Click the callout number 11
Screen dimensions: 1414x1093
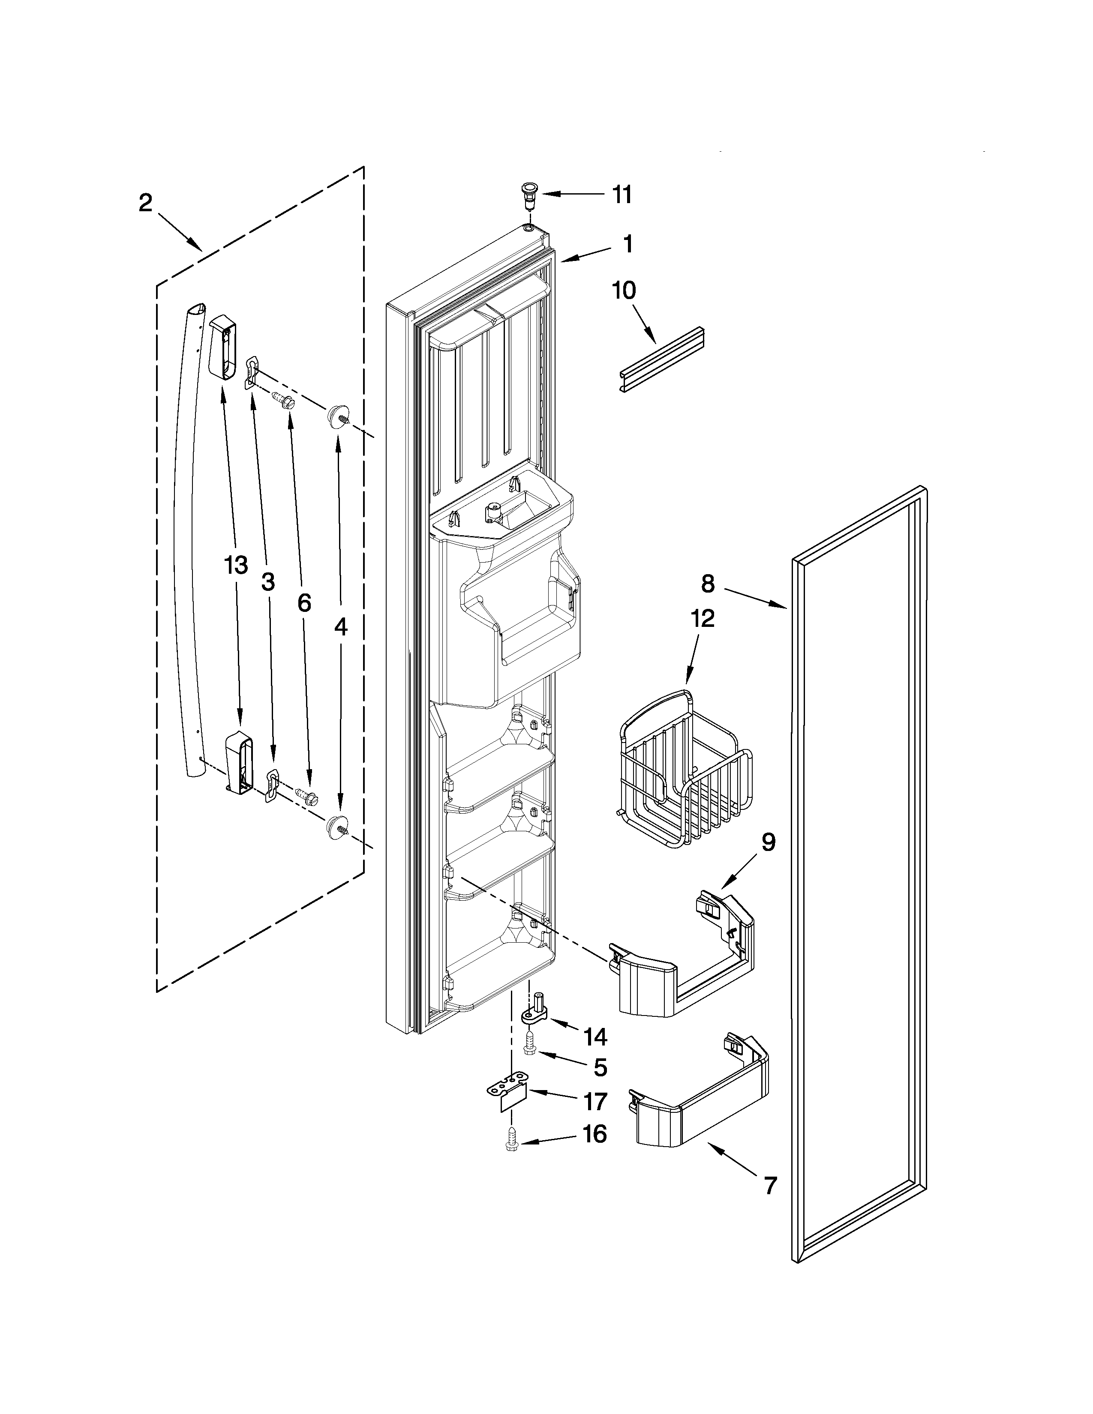(622, 194)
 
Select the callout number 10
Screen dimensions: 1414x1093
(624, 291)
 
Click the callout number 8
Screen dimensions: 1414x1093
(708, 584)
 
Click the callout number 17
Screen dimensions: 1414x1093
(595, 1101)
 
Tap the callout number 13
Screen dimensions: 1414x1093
(236, 565)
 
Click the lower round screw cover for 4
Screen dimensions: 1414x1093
(337, 825)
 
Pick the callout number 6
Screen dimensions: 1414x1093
(304, 603)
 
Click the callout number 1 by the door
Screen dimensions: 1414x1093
(628, 244)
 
